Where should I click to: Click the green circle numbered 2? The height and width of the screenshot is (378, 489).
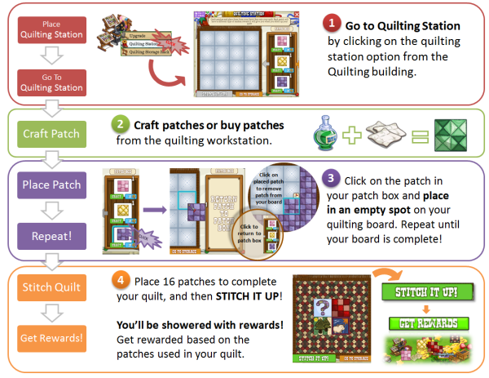(x=120, y=125)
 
